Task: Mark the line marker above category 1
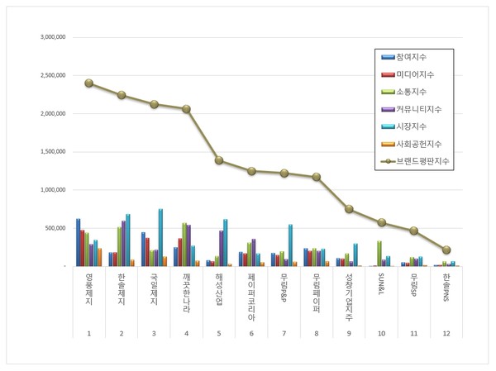click(88, 83)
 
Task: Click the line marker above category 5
click(219, 160)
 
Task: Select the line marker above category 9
click(349, 209)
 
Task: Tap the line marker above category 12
click(446, 250)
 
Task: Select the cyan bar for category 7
click(290, 245)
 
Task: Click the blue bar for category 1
click(78, 242)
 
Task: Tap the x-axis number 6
click(251, 333)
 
